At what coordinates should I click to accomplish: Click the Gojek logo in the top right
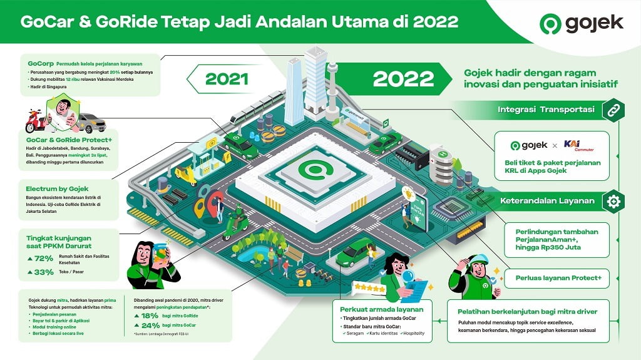click(x=582, y=24)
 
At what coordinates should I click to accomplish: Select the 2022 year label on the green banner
click(x=403, y=79)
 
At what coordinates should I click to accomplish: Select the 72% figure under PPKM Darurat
click(x=41, y=258)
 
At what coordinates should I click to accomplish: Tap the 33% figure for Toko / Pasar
click(x=41, y=272)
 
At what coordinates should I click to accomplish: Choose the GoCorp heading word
click(x=41, y=63)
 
